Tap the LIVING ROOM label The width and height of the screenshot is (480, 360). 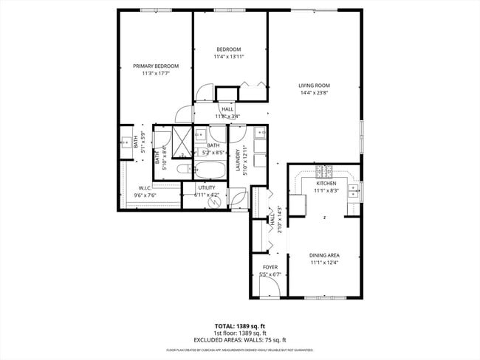[314, 86]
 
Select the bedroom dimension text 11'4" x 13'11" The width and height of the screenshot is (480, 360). [228, 56]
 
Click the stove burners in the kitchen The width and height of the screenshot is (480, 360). [323, 173]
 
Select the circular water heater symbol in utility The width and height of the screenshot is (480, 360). [216, 201]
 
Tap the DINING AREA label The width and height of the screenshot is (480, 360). [324, 255]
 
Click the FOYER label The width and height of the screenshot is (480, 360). [270, 267]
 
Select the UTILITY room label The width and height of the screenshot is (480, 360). [206, 187]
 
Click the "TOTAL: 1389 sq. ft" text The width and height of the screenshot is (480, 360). [241, 325]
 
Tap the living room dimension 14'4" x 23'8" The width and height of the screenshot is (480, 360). [314, 93]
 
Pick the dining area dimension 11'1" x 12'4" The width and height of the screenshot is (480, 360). [324, 263]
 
